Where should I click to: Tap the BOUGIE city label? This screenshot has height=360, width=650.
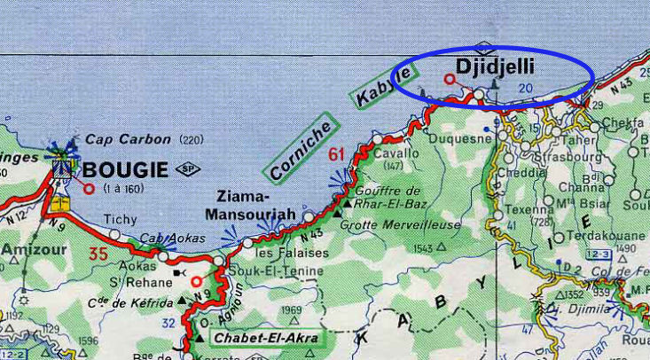point(124,168)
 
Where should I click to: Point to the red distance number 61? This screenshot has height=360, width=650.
point(336,157)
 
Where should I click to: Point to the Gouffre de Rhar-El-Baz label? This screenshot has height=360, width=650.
point(388,199)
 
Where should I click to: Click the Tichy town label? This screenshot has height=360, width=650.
point(121,219)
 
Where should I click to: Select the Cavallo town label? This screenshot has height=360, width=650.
point(395,153)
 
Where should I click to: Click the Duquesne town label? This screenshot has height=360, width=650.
point(459,138)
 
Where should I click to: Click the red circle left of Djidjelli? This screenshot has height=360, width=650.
point(449,79)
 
